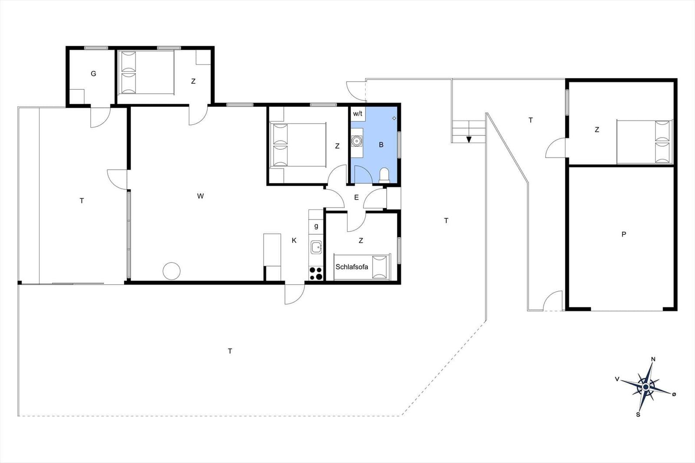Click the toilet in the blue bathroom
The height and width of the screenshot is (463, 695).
click(384, 175)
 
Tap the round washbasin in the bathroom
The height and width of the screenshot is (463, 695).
click(357, 141)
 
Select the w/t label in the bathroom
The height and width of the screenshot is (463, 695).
click(357, 114)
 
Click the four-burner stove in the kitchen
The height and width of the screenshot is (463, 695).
click(316, 273)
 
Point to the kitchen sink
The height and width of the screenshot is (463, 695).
click(316, 247)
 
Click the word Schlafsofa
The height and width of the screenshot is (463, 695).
click(351, 267)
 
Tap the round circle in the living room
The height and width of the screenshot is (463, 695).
click(172, 271)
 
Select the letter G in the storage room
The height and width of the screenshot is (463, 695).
click(93, 74)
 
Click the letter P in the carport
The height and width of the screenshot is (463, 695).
click(624, 234)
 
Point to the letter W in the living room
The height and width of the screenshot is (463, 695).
click(200, 196)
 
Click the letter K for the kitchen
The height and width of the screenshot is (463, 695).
click(294, 240)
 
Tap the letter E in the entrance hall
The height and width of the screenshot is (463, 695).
click(356, 197)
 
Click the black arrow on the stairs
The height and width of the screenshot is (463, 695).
click(469, 139)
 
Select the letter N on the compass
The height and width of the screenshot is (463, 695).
click(653, 359)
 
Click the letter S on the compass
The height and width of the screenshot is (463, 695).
click(638, 415)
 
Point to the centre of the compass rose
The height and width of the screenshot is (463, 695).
click(645, 387)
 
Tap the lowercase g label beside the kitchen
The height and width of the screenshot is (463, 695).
click(316, 226)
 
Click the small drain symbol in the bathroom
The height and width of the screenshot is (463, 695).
click(394, 118)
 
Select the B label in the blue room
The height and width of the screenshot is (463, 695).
click(381, 145)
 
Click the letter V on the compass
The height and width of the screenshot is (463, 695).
click(617, 379)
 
